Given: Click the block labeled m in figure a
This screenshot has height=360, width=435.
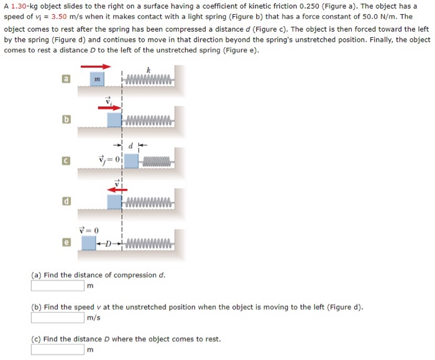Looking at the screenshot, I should pyautogui.click(x=97, y=80).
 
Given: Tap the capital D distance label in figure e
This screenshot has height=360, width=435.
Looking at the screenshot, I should pyautogui.click(x=109, y=243).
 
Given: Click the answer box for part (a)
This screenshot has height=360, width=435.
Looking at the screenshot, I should pyautogui.click(x=58, y=286).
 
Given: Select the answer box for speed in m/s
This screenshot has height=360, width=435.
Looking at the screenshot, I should pyautogui.click(x=58, y=318).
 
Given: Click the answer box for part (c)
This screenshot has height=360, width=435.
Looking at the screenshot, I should pyautogui.click(x=58, y=349).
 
